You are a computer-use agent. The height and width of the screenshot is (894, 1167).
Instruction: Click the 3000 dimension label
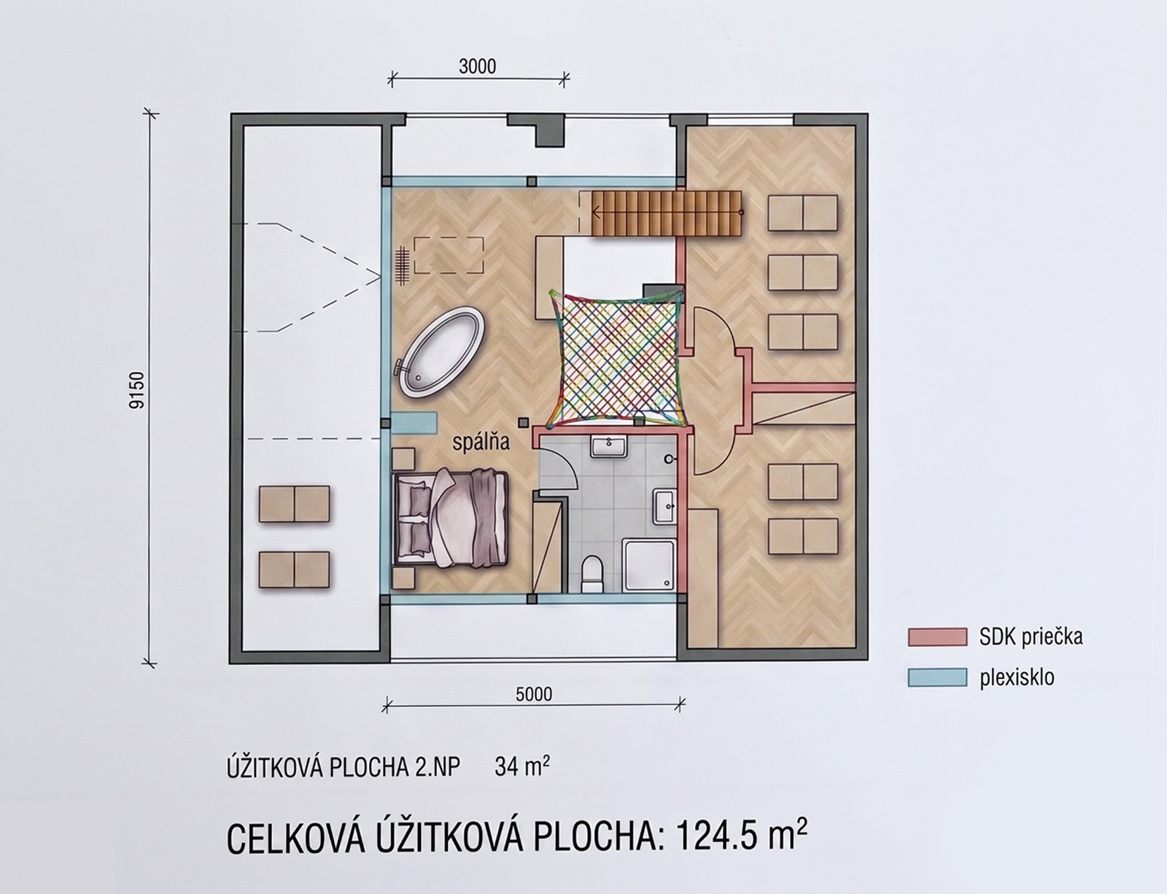[x=478, y=67]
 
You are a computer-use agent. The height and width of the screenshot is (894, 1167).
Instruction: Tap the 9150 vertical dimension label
[x=137, y=390]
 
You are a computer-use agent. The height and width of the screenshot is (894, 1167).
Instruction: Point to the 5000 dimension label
[x=534, y=694]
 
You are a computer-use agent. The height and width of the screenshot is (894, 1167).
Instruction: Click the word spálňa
[x=481, y=443]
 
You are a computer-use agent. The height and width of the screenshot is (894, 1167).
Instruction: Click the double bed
[x=451, y=518]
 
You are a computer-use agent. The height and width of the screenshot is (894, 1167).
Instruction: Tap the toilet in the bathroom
[x=592, y=573]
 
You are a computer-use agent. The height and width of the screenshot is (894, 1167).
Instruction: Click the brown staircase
[x=667, y=213]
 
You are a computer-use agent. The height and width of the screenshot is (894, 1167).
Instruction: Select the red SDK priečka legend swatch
[x=937, y=637]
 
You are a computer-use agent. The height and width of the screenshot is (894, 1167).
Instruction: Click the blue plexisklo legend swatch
[x=937, y=677]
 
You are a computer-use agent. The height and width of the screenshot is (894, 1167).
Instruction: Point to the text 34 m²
[x=522, y=766]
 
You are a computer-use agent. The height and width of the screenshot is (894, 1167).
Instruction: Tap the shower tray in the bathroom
[x=648, y=566]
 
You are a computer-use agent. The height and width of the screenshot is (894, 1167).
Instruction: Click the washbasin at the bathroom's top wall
[x=608, y=446]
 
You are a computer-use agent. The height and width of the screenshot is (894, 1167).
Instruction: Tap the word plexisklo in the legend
[x=1017, y=677]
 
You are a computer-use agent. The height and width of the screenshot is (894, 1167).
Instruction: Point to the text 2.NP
[x=438, y=767]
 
